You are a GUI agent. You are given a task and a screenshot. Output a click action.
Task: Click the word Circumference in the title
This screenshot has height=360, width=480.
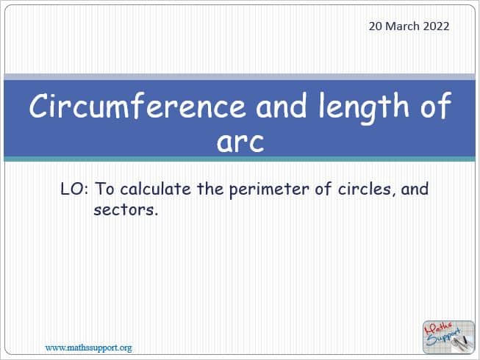[137, 106]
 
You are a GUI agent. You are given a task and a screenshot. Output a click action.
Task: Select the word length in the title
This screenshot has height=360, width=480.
[364, 108]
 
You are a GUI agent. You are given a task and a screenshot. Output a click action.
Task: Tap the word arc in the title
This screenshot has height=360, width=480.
[240, 142]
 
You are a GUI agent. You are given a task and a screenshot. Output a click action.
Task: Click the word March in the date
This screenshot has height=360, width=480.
[402, 26]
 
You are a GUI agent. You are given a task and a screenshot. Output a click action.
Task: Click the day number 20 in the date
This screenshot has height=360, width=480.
[376, 26]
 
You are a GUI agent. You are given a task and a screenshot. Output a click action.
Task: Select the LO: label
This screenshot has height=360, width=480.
[75, 189]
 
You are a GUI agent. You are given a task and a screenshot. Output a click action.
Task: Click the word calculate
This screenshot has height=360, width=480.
[155, 189]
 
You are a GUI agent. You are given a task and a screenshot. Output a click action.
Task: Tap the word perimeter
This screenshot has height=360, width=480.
[269, 190]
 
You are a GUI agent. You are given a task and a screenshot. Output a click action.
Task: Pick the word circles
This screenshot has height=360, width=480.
[365, 190]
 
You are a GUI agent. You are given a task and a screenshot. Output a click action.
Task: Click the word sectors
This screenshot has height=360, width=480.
[126, 210]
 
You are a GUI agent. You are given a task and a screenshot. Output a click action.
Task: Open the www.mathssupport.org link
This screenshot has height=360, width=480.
[89, 348]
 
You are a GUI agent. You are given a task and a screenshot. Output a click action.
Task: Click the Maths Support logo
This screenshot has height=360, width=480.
[448, 337]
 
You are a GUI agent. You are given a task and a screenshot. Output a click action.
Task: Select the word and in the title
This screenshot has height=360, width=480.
[282, 106]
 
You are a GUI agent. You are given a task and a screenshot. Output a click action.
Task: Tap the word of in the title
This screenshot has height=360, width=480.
[436, 106]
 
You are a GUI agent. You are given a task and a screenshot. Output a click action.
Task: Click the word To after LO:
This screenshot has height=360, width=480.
[104, 189]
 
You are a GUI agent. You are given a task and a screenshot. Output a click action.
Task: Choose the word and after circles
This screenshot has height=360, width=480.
[415, 189]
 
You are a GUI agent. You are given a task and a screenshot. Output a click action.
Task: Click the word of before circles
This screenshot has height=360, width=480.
[323, 189]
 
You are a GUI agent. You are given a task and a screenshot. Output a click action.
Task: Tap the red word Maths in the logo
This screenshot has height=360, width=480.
[438, 330]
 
